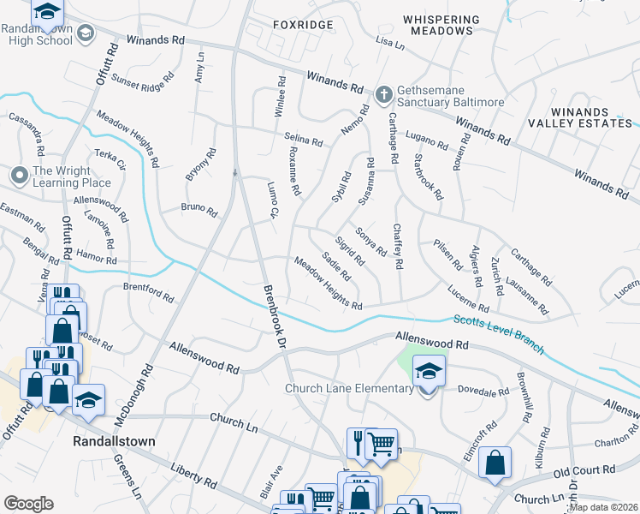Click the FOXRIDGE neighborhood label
click(302, 25)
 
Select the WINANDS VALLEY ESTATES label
click(579, 117)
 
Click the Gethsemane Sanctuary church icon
click(384, 92)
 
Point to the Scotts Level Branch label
click(497, 333)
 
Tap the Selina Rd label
click(304, 140)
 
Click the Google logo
click(28, 504)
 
